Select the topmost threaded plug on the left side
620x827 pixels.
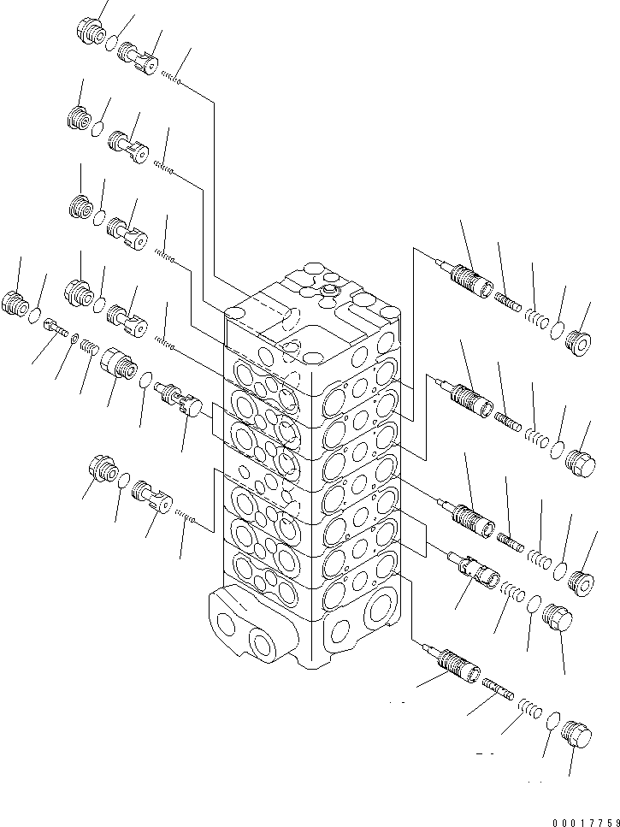coord(90,32)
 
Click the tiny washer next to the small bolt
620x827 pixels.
coord(74,336)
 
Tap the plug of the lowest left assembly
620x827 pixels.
coord(102,470)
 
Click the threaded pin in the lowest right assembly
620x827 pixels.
coord(496,687)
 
